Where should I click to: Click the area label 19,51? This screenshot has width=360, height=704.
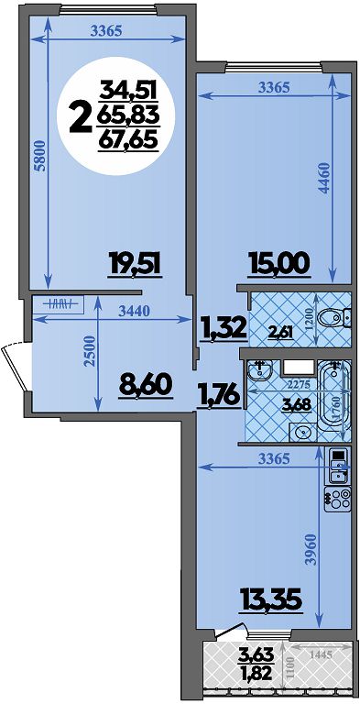pos(134,263)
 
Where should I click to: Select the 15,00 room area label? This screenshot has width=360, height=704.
pos(278,263)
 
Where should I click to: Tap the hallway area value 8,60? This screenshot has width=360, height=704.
pos(146,385)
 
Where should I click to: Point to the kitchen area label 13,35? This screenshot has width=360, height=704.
pos(270,598)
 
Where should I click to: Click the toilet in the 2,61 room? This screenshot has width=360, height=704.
pos(333,318)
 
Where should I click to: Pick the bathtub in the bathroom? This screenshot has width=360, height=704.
pos(333,396)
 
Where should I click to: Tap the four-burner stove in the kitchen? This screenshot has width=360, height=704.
pos(337,500)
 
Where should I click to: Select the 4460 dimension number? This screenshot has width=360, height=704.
pos(324,178)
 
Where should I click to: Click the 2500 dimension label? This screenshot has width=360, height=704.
pos(90,351)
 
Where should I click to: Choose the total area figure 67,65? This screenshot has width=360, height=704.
pos(128,141)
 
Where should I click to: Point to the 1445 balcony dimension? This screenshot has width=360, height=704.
pos(320,655)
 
